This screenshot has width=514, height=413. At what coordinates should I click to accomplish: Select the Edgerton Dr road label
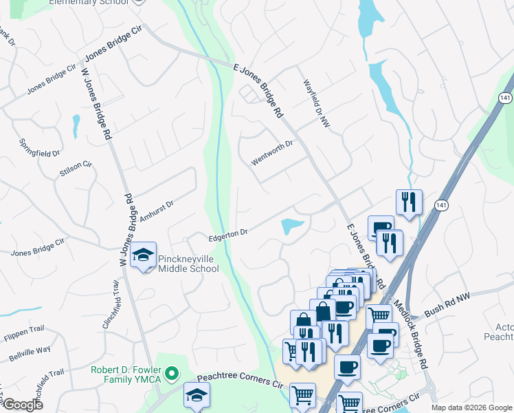[227, 235]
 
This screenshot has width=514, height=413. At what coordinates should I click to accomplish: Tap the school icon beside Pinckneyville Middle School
[144, 255]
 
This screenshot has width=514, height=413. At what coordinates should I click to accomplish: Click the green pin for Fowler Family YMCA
[172, 375]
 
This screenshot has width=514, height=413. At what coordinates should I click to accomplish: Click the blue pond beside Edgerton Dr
[292, 226]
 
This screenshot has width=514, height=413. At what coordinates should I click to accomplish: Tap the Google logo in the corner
[22, 405]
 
